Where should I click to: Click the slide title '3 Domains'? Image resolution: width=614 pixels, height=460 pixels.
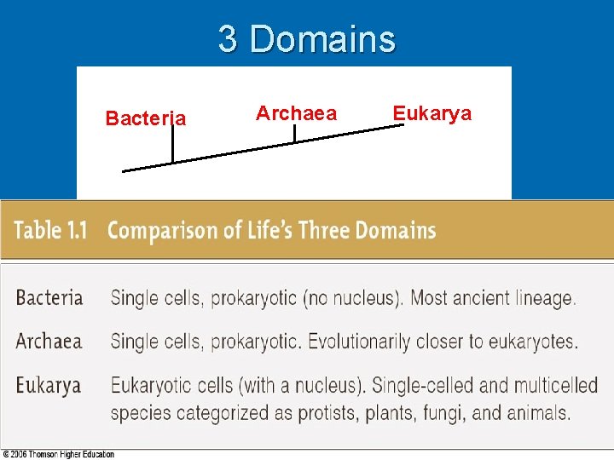pyautogui.click(x=307, y=39)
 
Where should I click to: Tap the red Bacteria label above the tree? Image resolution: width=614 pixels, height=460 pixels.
pyautogui.click(x=145, y=118)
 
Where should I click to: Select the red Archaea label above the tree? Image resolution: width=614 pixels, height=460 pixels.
pyautogui.click(x=296, y=113)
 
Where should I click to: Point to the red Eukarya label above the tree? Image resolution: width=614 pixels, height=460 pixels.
pyautogui.click(x=432, y=113)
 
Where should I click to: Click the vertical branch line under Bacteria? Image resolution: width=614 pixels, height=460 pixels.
pyautogui.click(x=172, y=145)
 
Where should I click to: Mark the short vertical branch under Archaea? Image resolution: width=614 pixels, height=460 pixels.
pyautogui.click(x=294, y=134)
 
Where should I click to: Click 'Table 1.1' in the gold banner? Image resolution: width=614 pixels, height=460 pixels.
pyautogui.click(x=51, y=230)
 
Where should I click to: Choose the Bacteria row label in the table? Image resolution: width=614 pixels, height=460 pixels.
pyautogui.click(x=49, y=298)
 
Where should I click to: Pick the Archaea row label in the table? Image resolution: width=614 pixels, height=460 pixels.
pyautogui.click(x=49, y=342)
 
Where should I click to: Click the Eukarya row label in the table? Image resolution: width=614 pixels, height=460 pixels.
pyautogui.click(x=48, y=385)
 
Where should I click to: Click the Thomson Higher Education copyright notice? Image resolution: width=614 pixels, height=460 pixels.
pyautogui.click(x=58, y=454)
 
